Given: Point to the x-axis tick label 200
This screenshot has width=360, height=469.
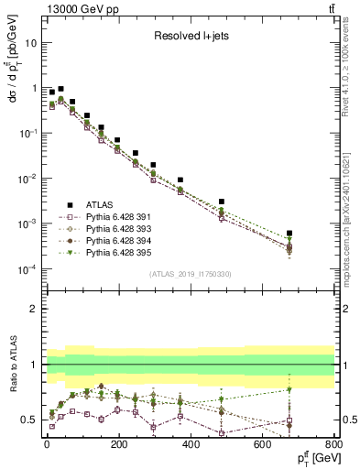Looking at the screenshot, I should (118, 444).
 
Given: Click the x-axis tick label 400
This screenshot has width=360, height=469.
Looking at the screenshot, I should (191, 444).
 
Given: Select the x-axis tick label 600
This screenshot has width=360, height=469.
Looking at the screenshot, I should (263, 444).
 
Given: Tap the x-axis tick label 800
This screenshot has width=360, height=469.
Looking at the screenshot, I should (333, 444).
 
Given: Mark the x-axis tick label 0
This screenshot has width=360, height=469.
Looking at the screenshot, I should (46, 444).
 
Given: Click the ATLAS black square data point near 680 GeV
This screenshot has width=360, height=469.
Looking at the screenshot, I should (289, 234).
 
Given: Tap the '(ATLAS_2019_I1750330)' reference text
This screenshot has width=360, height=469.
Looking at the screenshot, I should (190, 274).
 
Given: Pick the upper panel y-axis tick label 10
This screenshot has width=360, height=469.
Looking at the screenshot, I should (31, 42).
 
